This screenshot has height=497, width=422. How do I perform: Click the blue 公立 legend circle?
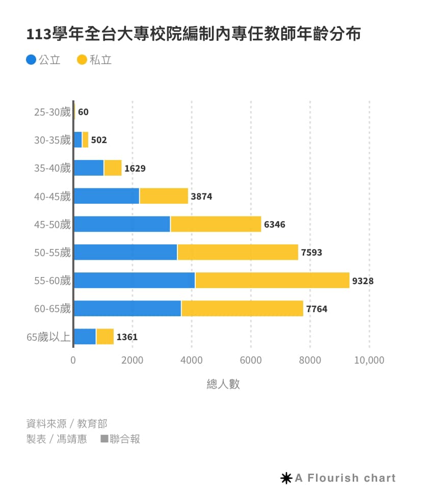(31, 60)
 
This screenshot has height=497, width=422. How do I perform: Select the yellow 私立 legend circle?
(82, 60)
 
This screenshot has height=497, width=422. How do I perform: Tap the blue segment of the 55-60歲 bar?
(134, 280)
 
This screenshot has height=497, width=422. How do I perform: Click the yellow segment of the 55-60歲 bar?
(272, 280)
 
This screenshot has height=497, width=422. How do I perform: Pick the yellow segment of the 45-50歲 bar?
(216, 224)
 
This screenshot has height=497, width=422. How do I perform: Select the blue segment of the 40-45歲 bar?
(107, 196)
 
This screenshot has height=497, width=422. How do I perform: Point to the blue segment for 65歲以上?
(85, 337)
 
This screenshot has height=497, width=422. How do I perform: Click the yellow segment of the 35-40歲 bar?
(113, 168)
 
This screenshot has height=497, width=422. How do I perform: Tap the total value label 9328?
(363, 281)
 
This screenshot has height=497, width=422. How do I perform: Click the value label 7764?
(316, 309)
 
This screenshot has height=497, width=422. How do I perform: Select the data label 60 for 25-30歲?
(83, 112)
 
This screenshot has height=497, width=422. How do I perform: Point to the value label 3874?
(201, 196)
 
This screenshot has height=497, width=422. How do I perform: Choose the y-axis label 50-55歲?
(52, 252)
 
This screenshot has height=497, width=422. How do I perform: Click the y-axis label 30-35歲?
(52, 140)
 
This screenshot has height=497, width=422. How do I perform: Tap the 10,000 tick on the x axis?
(369, 361)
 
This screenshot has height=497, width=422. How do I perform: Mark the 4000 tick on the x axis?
(192, 361)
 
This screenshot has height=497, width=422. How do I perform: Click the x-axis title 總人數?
(223, 384)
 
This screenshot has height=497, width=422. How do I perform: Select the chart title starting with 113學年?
(194, 34)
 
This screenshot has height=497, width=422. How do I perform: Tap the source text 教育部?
(92, 424)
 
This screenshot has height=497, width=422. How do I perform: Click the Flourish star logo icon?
(286, 478)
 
